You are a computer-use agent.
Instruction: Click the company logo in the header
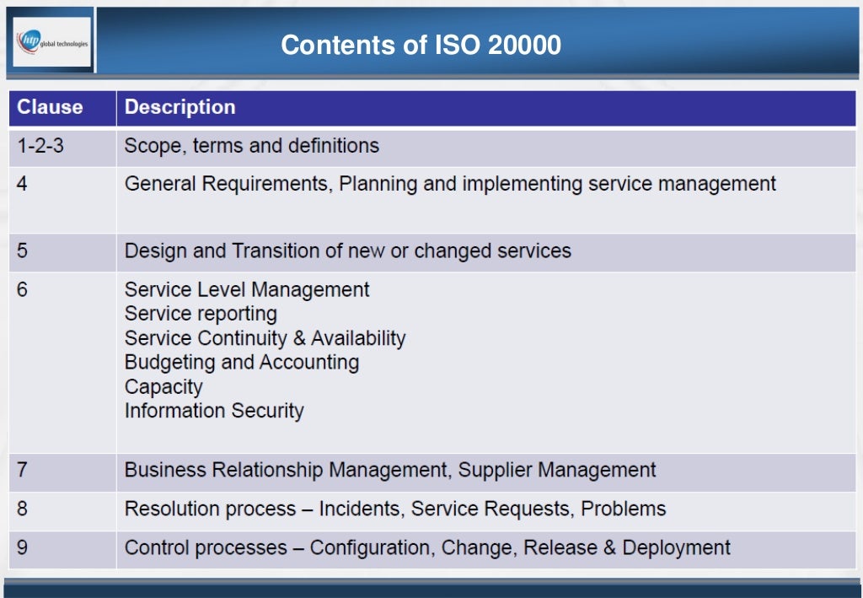pos(51,42)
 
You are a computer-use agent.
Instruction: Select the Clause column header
pos(50,107)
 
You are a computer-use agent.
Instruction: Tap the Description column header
pos(180,107)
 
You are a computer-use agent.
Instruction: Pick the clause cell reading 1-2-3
pos(40,146)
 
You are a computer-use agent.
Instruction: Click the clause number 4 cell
pos(22,183)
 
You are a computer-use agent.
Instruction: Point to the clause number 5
pos(22,251)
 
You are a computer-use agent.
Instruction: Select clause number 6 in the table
pos(22,289)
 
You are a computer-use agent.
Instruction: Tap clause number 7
pos(22,470)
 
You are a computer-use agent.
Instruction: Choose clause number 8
pos(22,509)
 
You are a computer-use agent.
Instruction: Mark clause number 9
pos(22,547)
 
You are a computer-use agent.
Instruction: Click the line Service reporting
pos(201,314)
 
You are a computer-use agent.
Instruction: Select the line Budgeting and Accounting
pos(242,363)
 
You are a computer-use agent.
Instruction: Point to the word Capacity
pos(163,387)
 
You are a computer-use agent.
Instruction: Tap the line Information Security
pos(214,411)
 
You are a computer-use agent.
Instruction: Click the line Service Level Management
pos(247,289)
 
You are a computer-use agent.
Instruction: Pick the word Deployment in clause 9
pos(677,548)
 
